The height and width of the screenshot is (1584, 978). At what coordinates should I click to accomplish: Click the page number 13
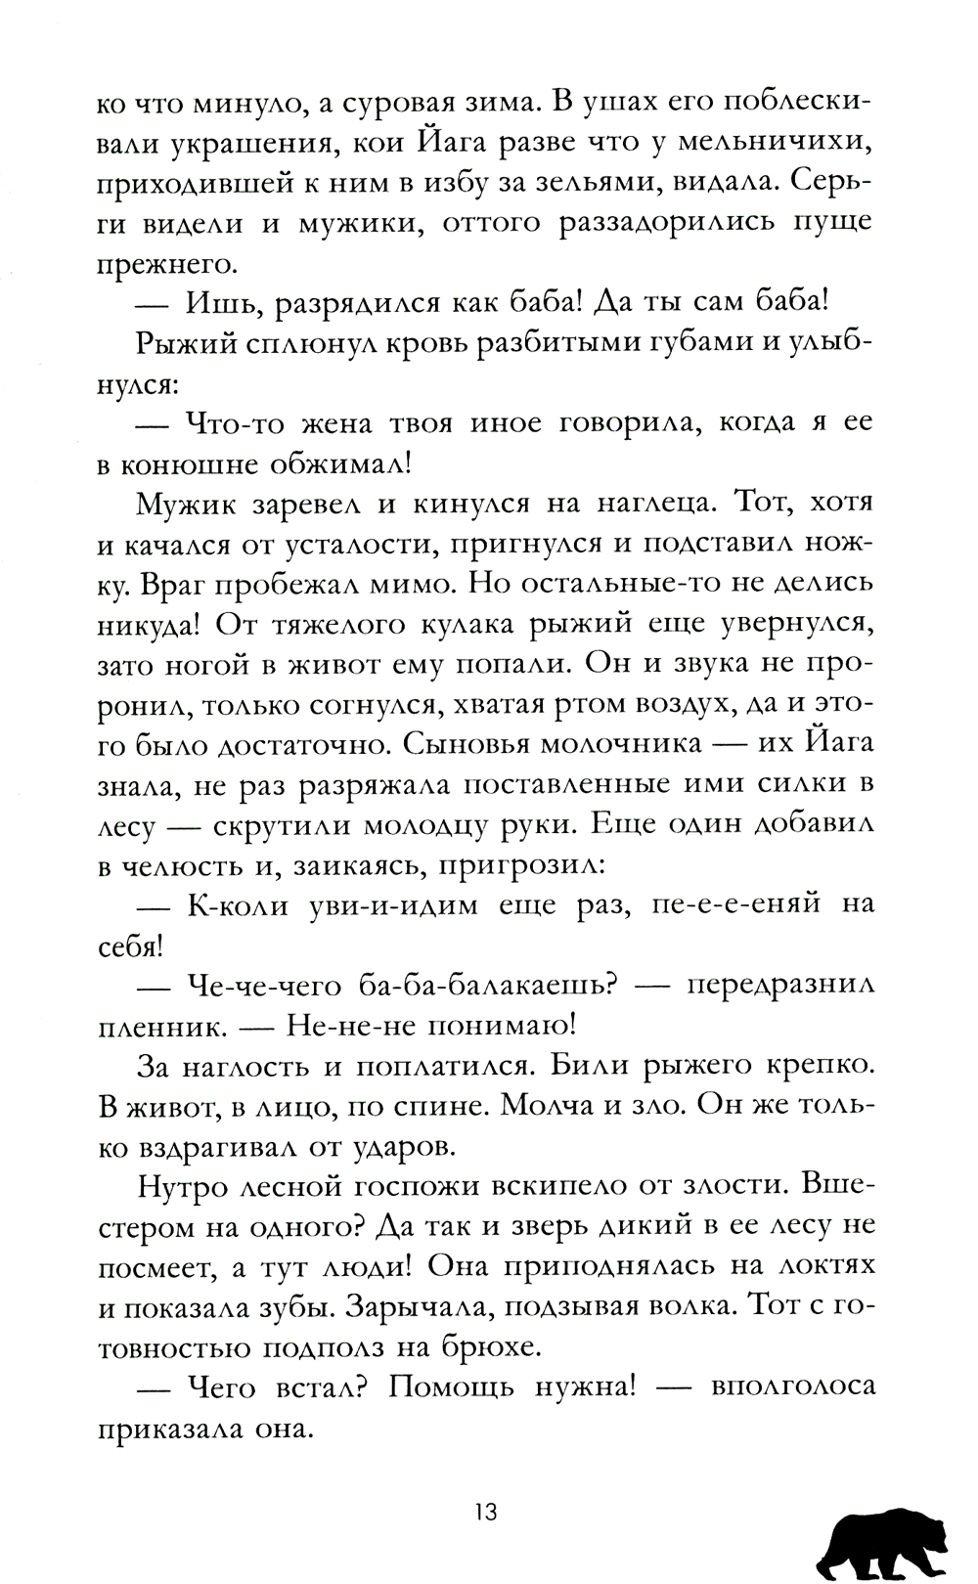coord(486,1512)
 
